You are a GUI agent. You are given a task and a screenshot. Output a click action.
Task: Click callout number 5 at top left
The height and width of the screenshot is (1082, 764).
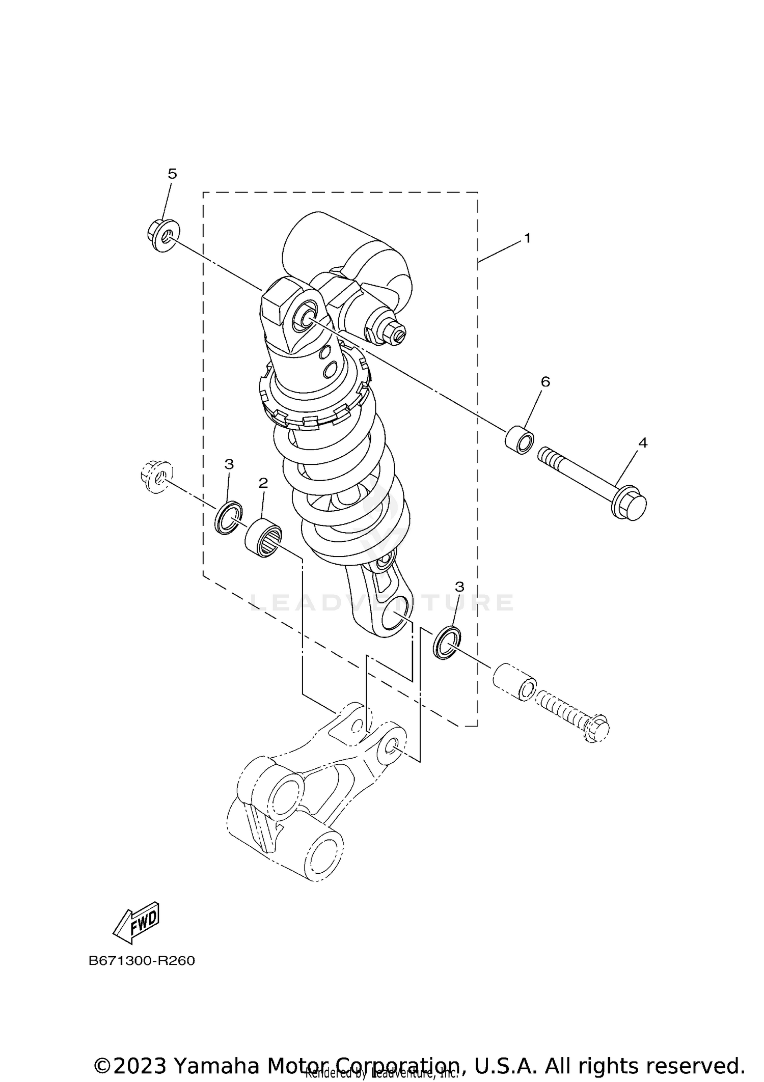[x=172, y=174]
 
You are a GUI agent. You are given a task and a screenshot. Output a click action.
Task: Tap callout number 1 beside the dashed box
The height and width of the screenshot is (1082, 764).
[x=528, y=238]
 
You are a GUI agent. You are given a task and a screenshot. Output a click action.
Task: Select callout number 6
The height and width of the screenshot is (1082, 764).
[x=545, y=382]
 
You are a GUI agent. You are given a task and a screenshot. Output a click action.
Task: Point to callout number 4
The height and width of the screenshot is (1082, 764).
[x=643, y=443]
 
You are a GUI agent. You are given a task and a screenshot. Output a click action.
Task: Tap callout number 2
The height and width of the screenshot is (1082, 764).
[x=263, y=483]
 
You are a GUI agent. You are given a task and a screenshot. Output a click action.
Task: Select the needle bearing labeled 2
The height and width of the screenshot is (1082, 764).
[x=263, y=538]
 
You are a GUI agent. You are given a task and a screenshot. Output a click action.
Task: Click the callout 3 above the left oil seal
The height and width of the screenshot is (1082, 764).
[x=229, y=464]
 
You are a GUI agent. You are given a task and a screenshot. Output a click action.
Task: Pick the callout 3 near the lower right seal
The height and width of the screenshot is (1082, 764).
[x=459, y=587]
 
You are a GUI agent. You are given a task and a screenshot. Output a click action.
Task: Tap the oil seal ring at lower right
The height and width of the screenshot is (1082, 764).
[x=447, y=644]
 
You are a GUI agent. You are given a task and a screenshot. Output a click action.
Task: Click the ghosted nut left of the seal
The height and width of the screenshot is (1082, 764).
[x=155, y=475]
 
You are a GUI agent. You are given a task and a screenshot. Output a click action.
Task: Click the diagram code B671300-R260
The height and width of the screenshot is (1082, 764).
[x=142, y=961]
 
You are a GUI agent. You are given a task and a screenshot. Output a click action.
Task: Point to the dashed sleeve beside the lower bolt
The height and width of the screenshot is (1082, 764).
[x=514, y=681]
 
